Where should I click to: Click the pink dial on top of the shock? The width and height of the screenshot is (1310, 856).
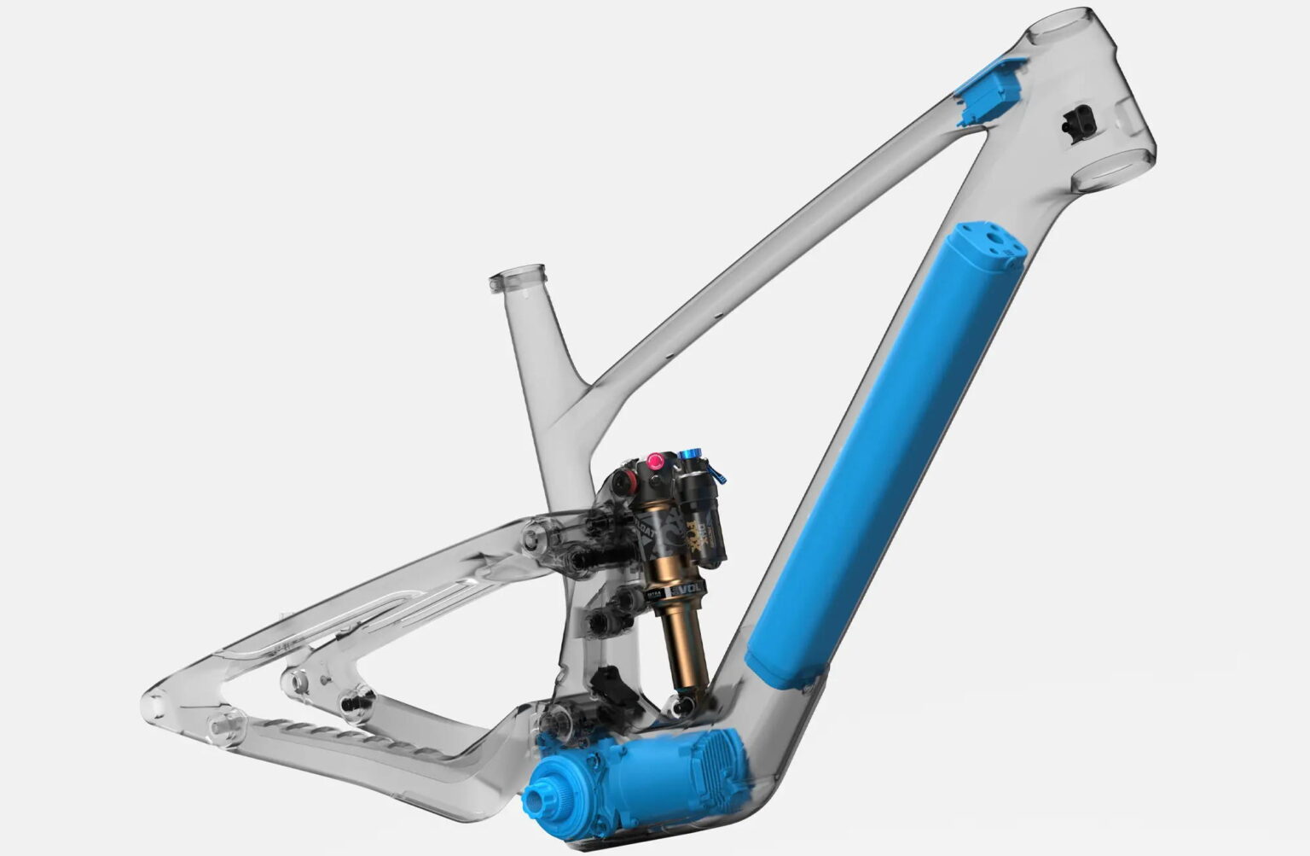656,462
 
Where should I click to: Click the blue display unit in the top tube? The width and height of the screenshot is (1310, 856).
989,84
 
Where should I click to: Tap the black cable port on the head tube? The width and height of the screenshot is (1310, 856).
1077,120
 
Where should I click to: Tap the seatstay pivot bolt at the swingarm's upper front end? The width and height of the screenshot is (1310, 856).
536,537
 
